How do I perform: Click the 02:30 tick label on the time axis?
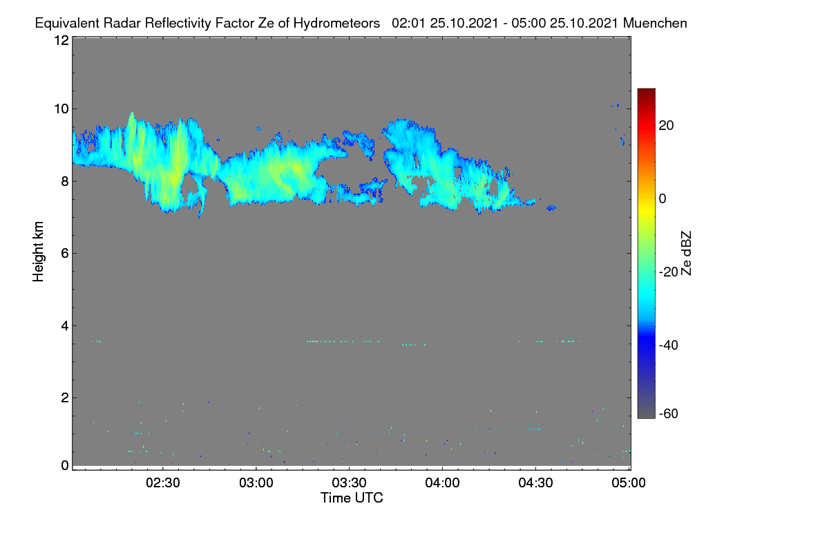pyautogui.click(x=163, y=483)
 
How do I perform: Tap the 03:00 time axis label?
pyautogui.click(x=256, y=483)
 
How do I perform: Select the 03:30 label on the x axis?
pyautogui.click(x=349, y=483)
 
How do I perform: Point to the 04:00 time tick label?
pyautogui.click(x=442, y=483)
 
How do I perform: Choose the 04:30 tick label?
pyautogui.click(x=535, y=483)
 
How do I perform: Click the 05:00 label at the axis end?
pyautogui.click(x=629, y=483)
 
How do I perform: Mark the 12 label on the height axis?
pyautogui.click(x=61, y=40)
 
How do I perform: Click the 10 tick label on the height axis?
pyautogui.click(x=61, y=109)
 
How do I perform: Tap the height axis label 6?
pyautogui.click(x=65, y=254)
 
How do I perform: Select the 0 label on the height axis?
pyautogui.click(x=65, y=466)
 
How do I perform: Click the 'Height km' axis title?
pyautogui.click(x=38, y=252)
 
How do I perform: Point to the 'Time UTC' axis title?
pyautogui.click(x=352, y=498)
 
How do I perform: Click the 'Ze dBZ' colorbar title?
pyautogui.click(x=686, y=254)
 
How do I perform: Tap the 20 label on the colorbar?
pyautogui.click(x=666, y=126)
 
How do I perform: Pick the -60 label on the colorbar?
pyautogui.click(x=669, y=414)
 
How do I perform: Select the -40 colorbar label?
pyautogui.click(x=669, y=345)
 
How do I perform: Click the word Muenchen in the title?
pyautogui.click(x=655, y=24)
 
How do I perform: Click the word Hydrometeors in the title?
pyautogui.click(x=336, y=24)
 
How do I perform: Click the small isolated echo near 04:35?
pyautogui.click(x=551, y=208)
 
